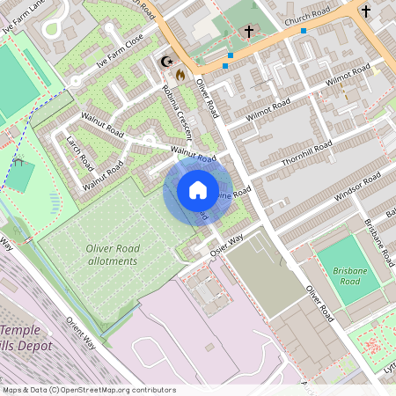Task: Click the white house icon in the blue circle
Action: click(198, 189)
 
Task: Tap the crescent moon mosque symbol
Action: click(165, 62)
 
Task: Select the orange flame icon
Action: click(180, 75)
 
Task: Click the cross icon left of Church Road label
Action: click(249, 32)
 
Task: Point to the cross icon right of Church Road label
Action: click(366, 11)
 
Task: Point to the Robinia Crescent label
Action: click(177, 114)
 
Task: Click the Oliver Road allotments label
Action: click(113, 255)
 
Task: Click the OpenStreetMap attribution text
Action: click(90, 389)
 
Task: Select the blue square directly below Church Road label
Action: click(304, 31)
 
